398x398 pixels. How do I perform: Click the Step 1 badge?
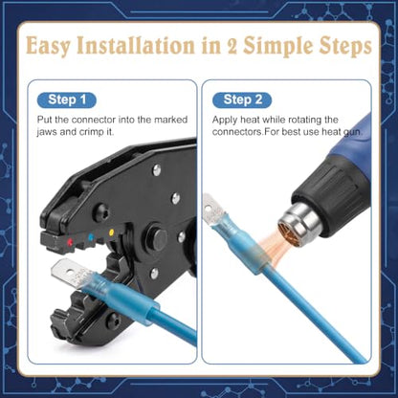click(x=67, y=100)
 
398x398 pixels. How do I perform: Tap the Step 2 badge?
click(x=242, y=100)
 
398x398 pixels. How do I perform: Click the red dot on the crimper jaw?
click(x=69, y=243)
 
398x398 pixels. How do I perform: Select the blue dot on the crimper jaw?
click(x=90, y=237)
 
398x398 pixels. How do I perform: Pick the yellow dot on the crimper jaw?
click(x=111, y=232)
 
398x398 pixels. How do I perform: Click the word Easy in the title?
click(x=48, y=47)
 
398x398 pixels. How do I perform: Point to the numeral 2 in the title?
click(x=232, y=47)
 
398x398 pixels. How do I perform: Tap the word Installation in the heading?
click(x=136, y=46)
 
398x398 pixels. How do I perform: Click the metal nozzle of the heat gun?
click(x=301, y=221)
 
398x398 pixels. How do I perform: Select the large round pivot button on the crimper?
click(x=156, y=238)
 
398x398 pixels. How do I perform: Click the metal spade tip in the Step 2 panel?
click(x=211, y=210)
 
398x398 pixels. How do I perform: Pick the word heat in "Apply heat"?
click(x=250, y=120)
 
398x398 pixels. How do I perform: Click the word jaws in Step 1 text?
click(x=47, y=132)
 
